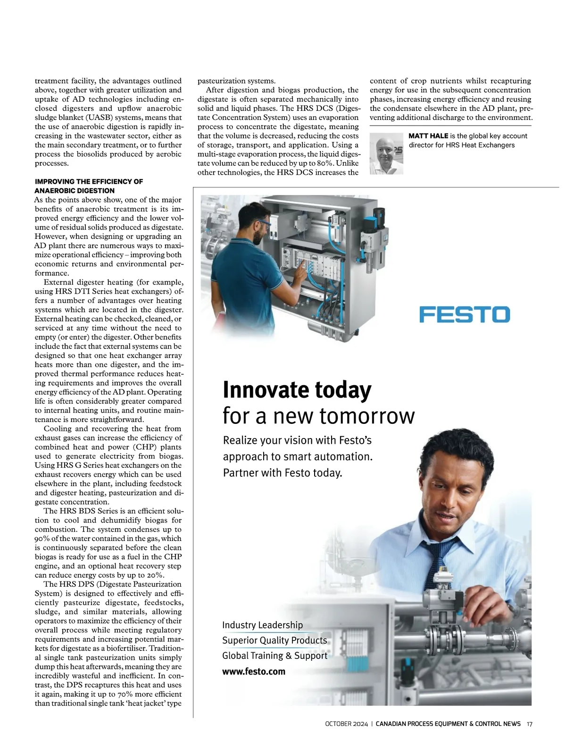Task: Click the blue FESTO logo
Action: tap(465, 314)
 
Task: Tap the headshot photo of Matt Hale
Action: tap(386, 153)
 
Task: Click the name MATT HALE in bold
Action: tap(428, 136)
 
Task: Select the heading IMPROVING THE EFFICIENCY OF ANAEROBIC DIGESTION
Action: tap(89, 186)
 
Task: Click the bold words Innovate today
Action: tap(297, 390)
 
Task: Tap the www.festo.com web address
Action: tap(254, 671)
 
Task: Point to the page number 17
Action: tap(529, 724)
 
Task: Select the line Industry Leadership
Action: tap(262, 625)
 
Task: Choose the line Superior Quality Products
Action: tap(275, 640)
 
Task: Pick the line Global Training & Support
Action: tap(275, 656)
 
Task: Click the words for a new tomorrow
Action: tap(318, 416)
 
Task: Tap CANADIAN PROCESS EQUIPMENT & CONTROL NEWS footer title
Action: tap(448, 724)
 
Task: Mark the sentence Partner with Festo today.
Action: tap(283, 472)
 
